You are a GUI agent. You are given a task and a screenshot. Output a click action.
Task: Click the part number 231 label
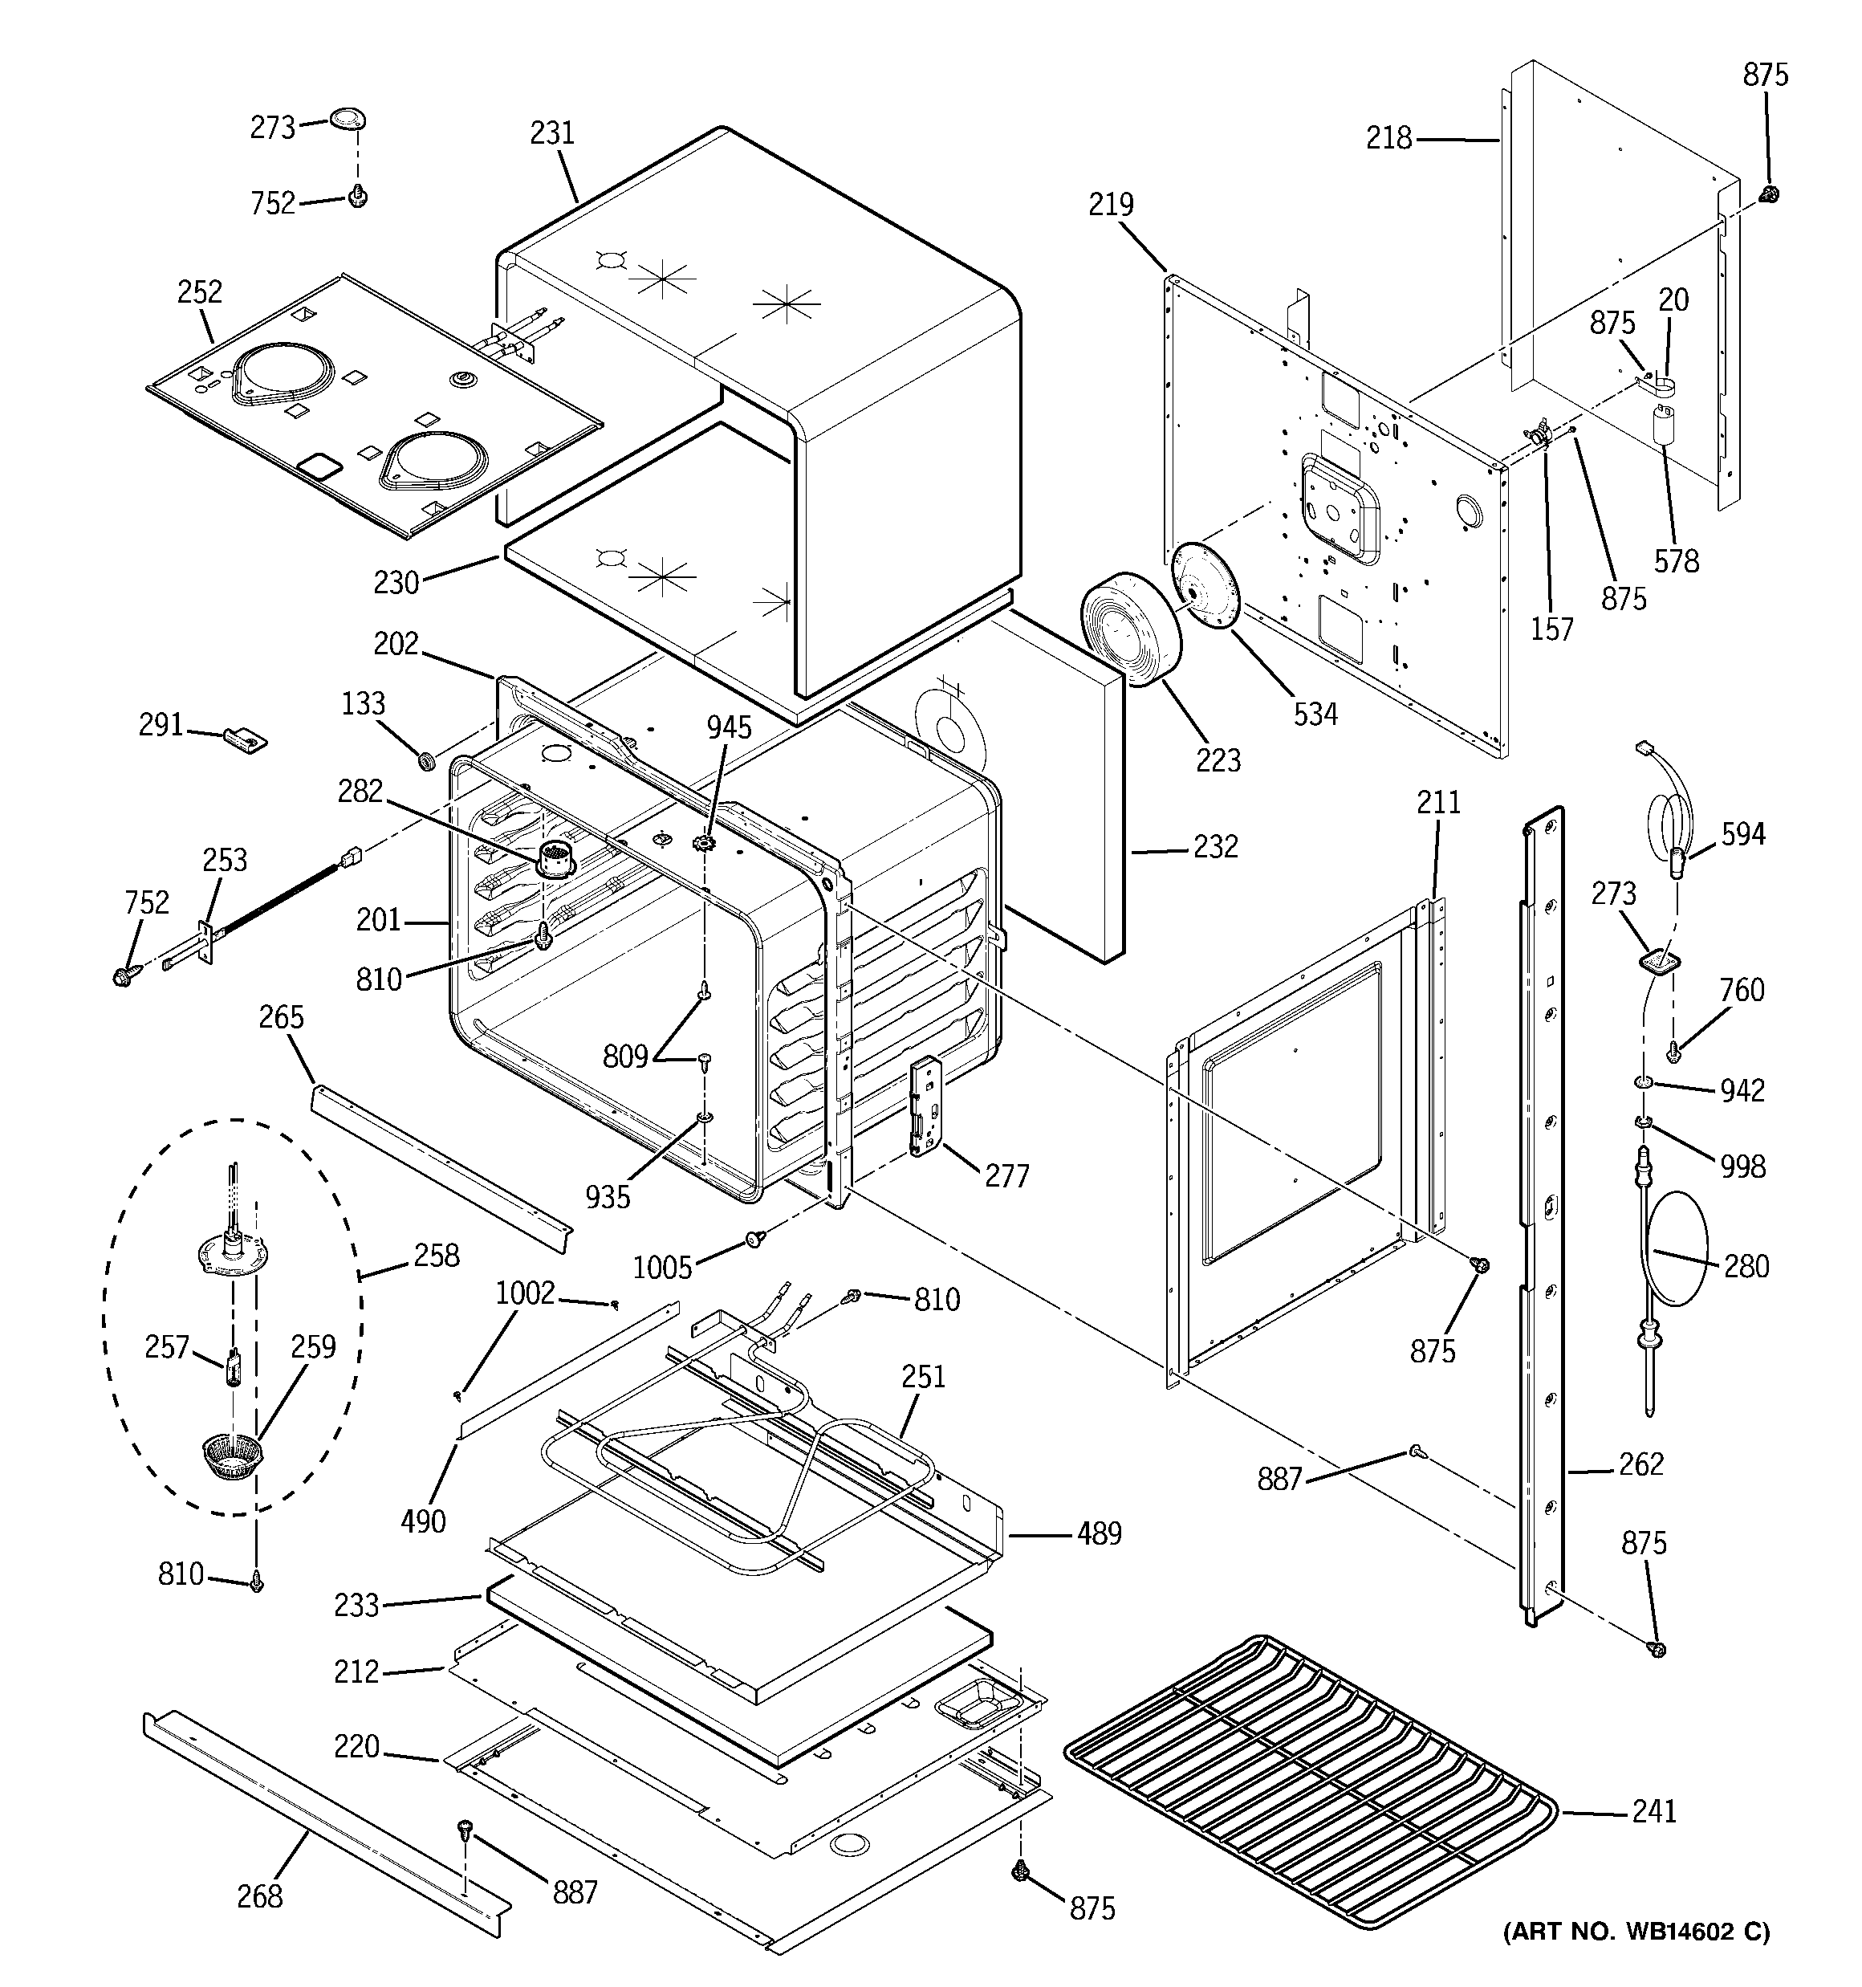pos(551,133)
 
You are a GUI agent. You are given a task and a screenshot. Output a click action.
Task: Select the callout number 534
pos(1315,714)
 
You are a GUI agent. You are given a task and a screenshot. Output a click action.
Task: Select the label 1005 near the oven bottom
pos(661,1268)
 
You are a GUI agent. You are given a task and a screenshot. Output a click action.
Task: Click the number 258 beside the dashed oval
pos(437,1256)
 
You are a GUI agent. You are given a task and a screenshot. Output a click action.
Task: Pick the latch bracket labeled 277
pos(926,1106)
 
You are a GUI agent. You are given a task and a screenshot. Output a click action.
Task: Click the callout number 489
pos(1099,1533)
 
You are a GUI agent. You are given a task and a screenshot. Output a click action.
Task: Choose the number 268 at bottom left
pos(260,1896)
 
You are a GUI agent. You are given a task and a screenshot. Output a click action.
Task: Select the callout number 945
pos(729,727)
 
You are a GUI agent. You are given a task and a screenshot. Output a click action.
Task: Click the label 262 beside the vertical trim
pos(1640,1464)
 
